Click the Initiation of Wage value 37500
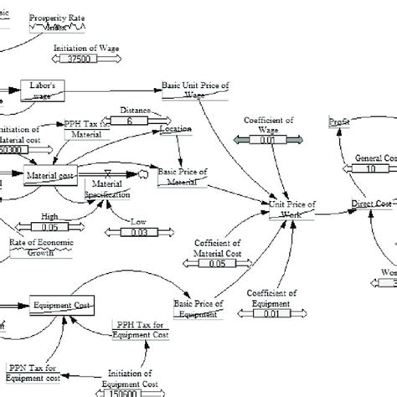pos(85,59)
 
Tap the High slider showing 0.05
pos(50,224)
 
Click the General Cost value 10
pos(370,168)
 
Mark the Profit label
pos(340,122)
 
